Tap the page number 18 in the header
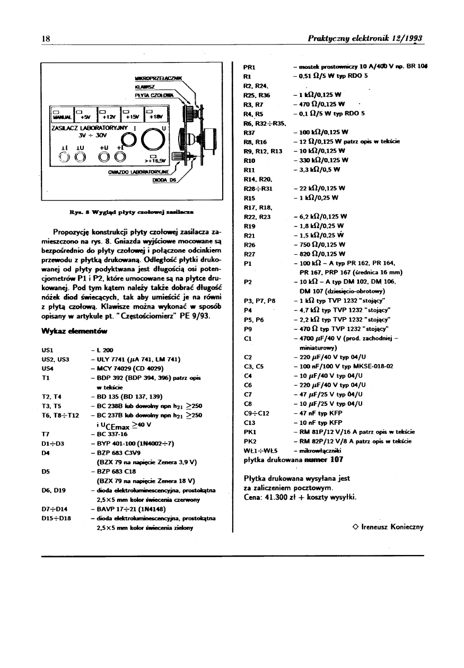pos(46,39)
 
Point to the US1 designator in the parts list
pos(46,350)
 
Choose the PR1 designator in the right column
pos(249,67)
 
